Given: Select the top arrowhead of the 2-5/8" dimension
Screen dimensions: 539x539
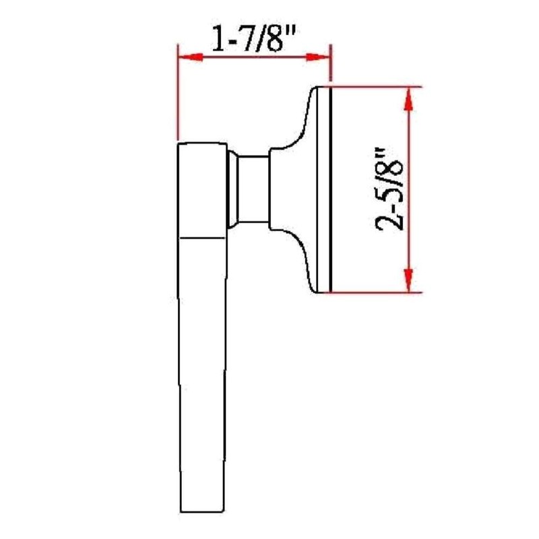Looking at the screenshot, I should tap(408, 99).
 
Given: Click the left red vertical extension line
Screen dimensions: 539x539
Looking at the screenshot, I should tap(177, 94).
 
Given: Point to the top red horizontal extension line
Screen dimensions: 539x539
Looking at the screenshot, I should tap(377, 87).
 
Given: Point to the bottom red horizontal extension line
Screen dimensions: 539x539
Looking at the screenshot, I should tap(377, 292).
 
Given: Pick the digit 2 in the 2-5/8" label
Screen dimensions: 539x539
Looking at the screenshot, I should tap(390, 220).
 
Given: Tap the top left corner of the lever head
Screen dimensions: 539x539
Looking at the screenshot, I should tap(179, 144).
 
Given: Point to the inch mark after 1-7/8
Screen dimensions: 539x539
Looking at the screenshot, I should tap(292, 33).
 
